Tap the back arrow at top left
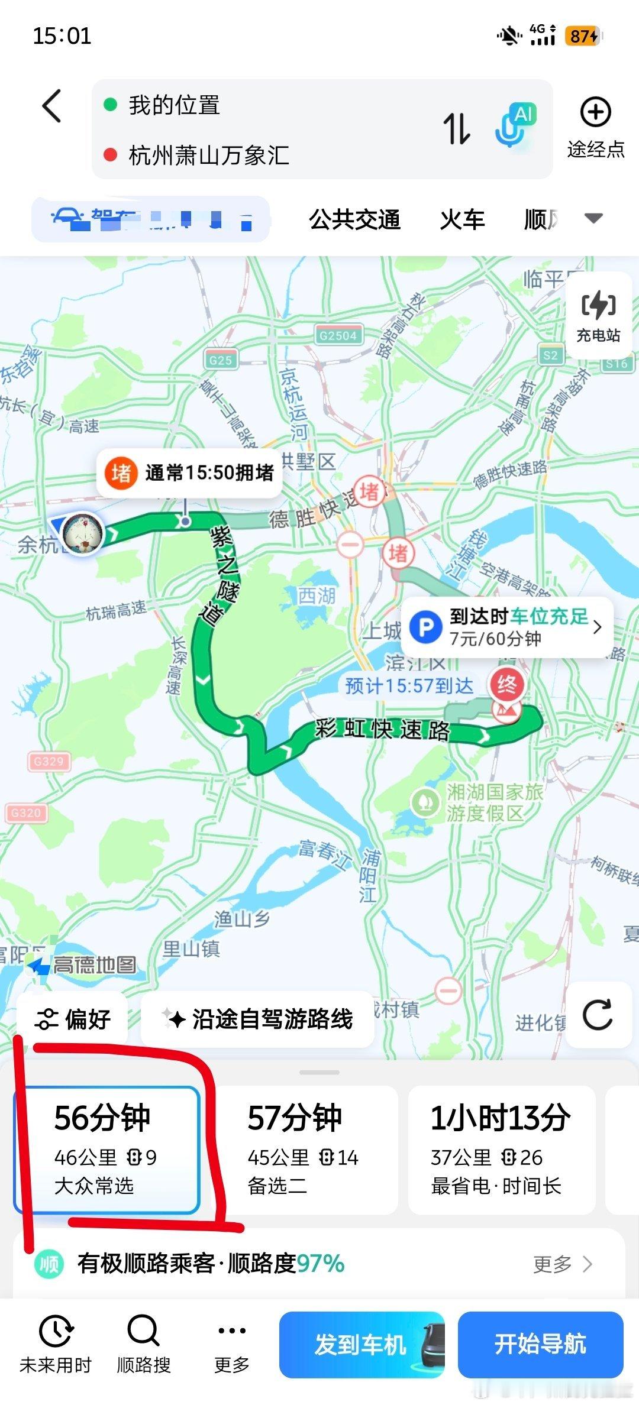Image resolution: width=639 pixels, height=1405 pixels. pos(52,106)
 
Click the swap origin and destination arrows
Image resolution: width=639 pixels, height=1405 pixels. pos(456,128)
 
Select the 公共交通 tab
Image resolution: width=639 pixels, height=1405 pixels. pos(354,219)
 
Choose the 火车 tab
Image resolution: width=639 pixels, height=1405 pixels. pos(462,219)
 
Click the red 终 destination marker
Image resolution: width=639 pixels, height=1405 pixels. pos(506,685)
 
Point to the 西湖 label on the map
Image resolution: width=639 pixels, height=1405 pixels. pos(316,595)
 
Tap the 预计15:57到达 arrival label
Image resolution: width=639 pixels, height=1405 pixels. pos(409,686)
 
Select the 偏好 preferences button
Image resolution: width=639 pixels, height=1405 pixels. pos(73,1019)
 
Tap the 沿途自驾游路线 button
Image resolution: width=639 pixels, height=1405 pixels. pos(258,1019)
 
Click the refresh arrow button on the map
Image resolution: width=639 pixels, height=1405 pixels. pos(597,1015)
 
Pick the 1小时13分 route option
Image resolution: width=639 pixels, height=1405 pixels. pos(501,1149)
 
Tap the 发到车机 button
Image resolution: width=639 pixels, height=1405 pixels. pos(361,1345)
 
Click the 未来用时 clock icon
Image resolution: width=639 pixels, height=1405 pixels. pos(55,1332)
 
